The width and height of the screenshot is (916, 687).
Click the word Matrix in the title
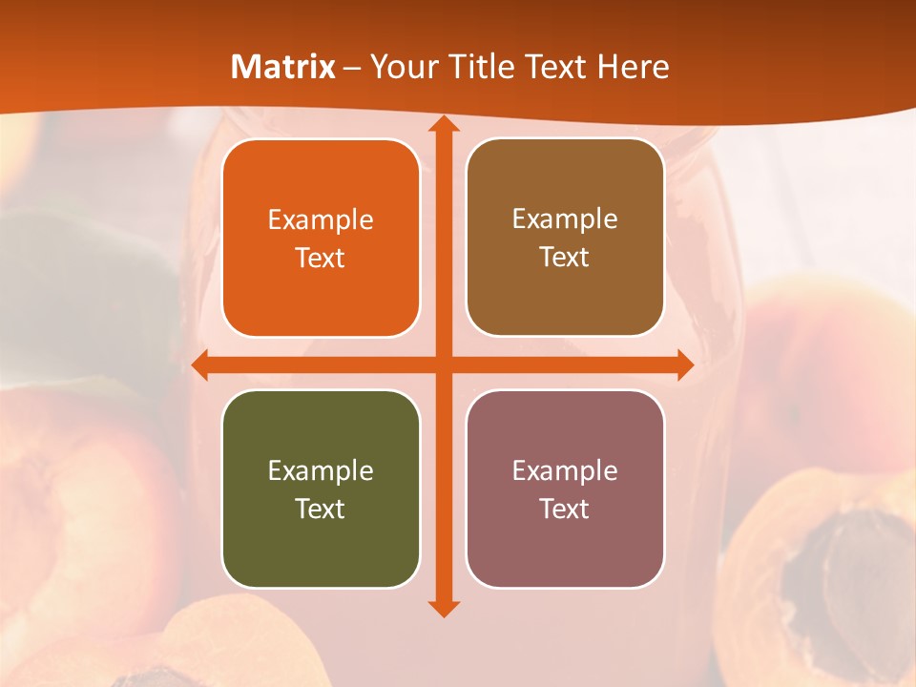283,67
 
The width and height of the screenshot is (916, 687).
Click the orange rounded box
321,239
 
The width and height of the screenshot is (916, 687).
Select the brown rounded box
565,238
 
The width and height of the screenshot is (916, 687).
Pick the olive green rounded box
321,489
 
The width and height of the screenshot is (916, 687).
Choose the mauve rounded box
565,489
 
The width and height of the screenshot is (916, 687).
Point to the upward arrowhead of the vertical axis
443,125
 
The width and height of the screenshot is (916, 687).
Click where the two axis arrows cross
443,364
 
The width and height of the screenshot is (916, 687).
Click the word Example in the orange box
321,220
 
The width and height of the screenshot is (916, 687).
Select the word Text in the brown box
565,258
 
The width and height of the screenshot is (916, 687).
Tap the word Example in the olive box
321,470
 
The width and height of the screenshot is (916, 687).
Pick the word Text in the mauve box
565,509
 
